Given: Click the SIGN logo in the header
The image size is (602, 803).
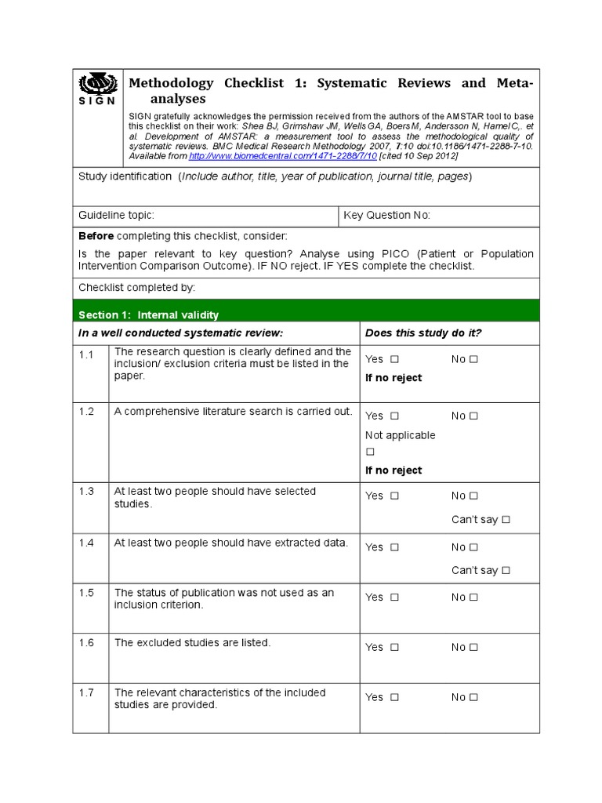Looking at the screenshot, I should pos(98,89).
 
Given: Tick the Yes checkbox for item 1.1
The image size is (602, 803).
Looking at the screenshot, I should pos(394,359).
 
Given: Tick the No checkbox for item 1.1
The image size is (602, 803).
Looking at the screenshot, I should pos(473,359).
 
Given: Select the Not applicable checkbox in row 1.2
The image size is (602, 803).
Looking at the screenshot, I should pos(370,452).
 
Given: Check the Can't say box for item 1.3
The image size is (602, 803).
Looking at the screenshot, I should pos(506,519).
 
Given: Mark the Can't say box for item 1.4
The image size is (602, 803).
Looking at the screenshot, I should pos(506,570).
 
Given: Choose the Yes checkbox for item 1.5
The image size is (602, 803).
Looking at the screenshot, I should pos(394,598).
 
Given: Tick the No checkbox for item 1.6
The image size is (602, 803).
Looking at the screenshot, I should pos(473,648).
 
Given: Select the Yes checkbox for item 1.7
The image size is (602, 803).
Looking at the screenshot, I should pos(394,697).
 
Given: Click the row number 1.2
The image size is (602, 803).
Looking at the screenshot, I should pos(86,412).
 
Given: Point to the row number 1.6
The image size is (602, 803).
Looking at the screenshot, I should pos(86,642).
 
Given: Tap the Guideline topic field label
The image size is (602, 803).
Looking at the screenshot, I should pos(116,216).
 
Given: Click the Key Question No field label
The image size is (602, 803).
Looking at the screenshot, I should pos(387,216).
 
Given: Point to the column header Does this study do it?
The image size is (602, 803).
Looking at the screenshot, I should pos(423,332).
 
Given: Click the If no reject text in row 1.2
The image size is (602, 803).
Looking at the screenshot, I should pos(393,471).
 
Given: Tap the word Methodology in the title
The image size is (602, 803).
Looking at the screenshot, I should pos(170,83).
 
